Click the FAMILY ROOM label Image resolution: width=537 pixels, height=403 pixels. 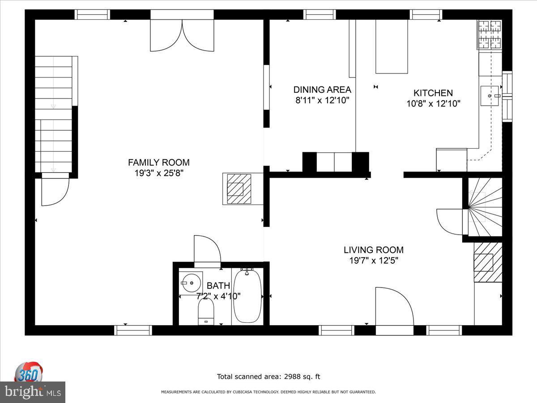[159, 163]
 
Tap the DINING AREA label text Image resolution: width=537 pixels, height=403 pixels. [322, 90]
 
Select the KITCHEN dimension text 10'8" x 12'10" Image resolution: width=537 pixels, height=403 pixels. [433, 104]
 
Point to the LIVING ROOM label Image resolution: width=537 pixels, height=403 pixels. [374, 250]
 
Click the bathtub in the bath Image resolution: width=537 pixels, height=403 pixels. [247, 296]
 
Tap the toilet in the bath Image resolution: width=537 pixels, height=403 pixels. [206, 312]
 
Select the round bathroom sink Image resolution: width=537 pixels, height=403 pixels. [191, 283]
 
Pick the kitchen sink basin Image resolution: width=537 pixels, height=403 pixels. [489, 96]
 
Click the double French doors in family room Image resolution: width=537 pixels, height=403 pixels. [182, 35]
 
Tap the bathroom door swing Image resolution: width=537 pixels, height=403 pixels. [208, 249]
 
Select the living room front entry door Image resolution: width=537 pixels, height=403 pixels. [394, 306]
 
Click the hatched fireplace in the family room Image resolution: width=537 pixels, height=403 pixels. [239, 189]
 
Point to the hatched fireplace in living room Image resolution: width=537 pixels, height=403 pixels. [488, 262]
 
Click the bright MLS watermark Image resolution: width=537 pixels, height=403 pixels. [33, 392]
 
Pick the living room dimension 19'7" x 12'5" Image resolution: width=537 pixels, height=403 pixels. [374, 261]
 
